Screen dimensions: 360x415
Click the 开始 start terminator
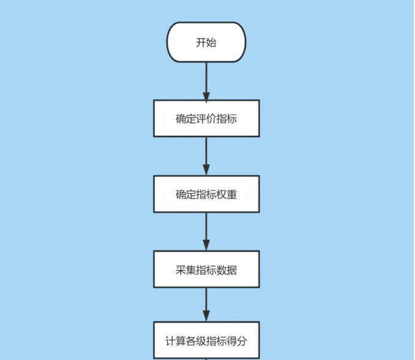[x=206, y=42]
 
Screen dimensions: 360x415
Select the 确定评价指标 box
[x=206, y=118]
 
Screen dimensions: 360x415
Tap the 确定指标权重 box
[x=206, y=194]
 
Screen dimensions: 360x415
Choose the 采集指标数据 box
[x=206, y=269]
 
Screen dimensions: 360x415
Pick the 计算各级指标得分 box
[x=206, y=340]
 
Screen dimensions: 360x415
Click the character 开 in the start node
[x=201, y=43]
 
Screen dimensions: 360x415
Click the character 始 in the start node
[x=211, y=43]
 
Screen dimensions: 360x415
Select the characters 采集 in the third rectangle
[x=185, y=270]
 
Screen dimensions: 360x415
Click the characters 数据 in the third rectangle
[x=226, y=270]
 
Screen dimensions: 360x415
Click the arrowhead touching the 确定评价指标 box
[x=206, y=96]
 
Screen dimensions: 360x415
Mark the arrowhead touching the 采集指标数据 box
[x=206, y=247]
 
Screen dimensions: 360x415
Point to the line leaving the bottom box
[x=206, y=359]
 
